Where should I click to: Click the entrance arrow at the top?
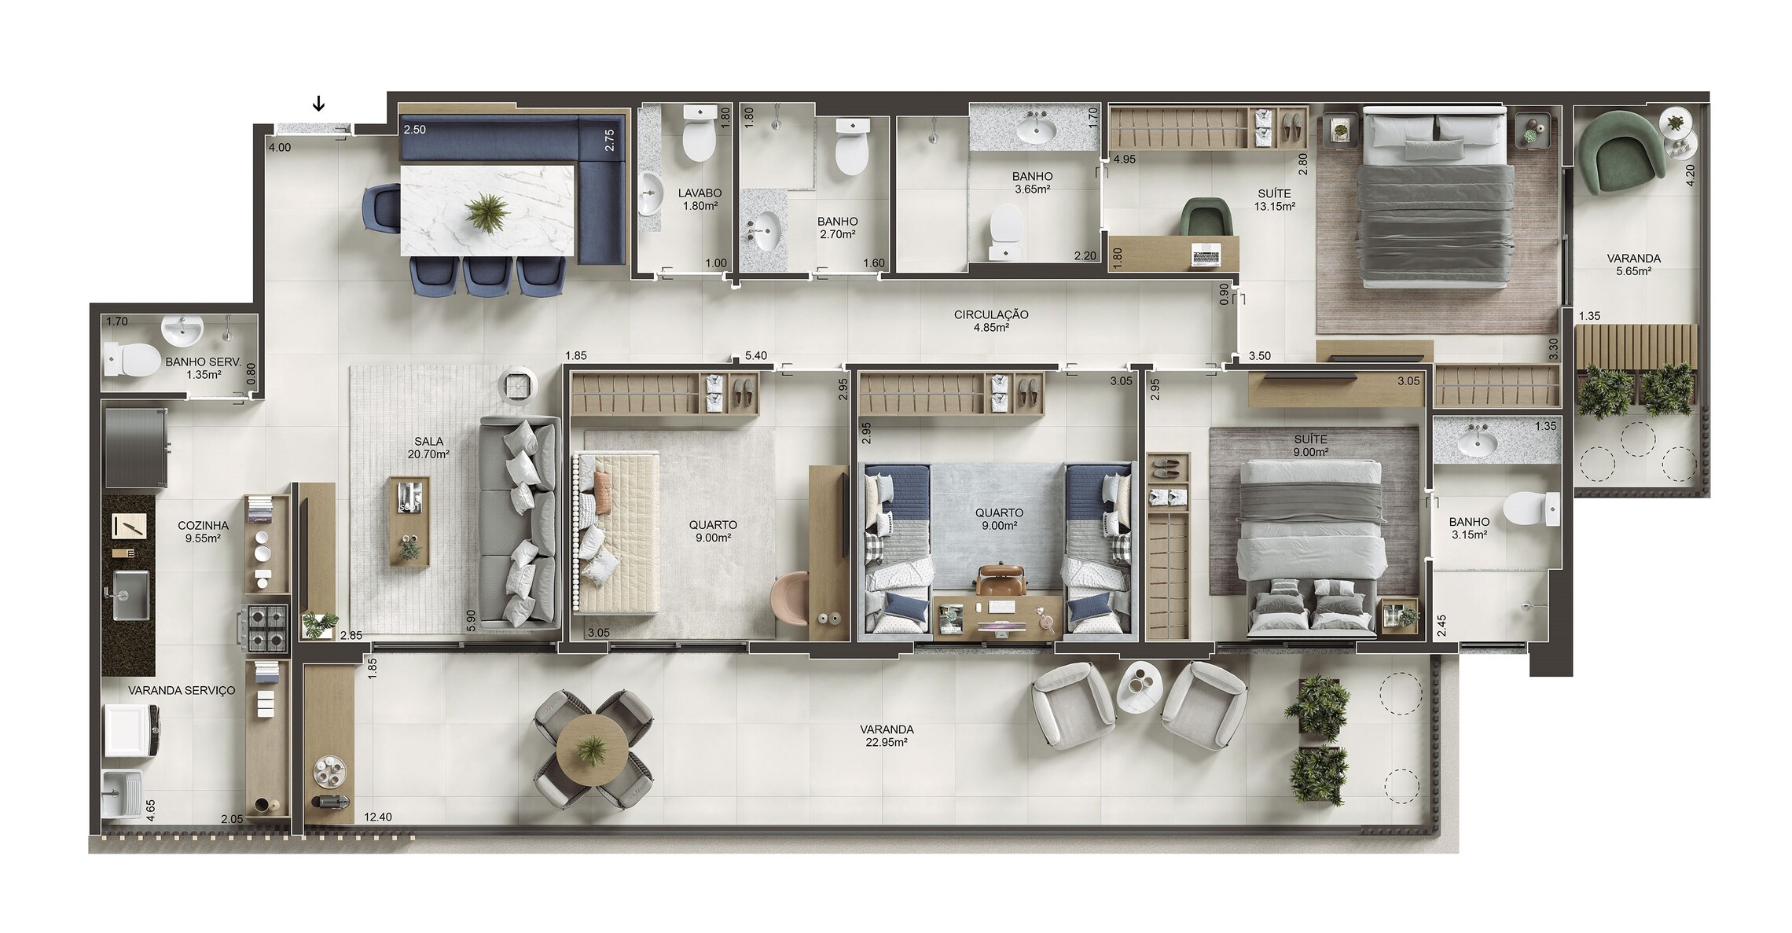[x=319, y=104]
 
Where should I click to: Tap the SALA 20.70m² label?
[x=428, y=448]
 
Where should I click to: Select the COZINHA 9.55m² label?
[x=203, y=532]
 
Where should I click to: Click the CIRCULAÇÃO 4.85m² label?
[x=991, y=321]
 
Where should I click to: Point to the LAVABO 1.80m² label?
[x=700, y=200]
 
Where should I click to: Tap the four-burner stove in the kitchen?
[x=268, y=628]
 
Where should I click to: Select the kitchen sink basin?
[x=130, y=595]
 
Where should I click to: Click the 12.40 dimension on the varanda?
[x=378, y=817]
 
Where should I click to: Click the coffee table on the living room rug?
[x=409, y=521]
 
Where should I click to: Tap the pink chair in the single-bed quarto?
[x=790, y=598]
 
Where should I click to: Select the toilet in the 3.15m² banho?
[x=1532, y=509]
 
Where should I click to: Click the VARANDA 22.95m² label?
[x=887, y=736]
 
